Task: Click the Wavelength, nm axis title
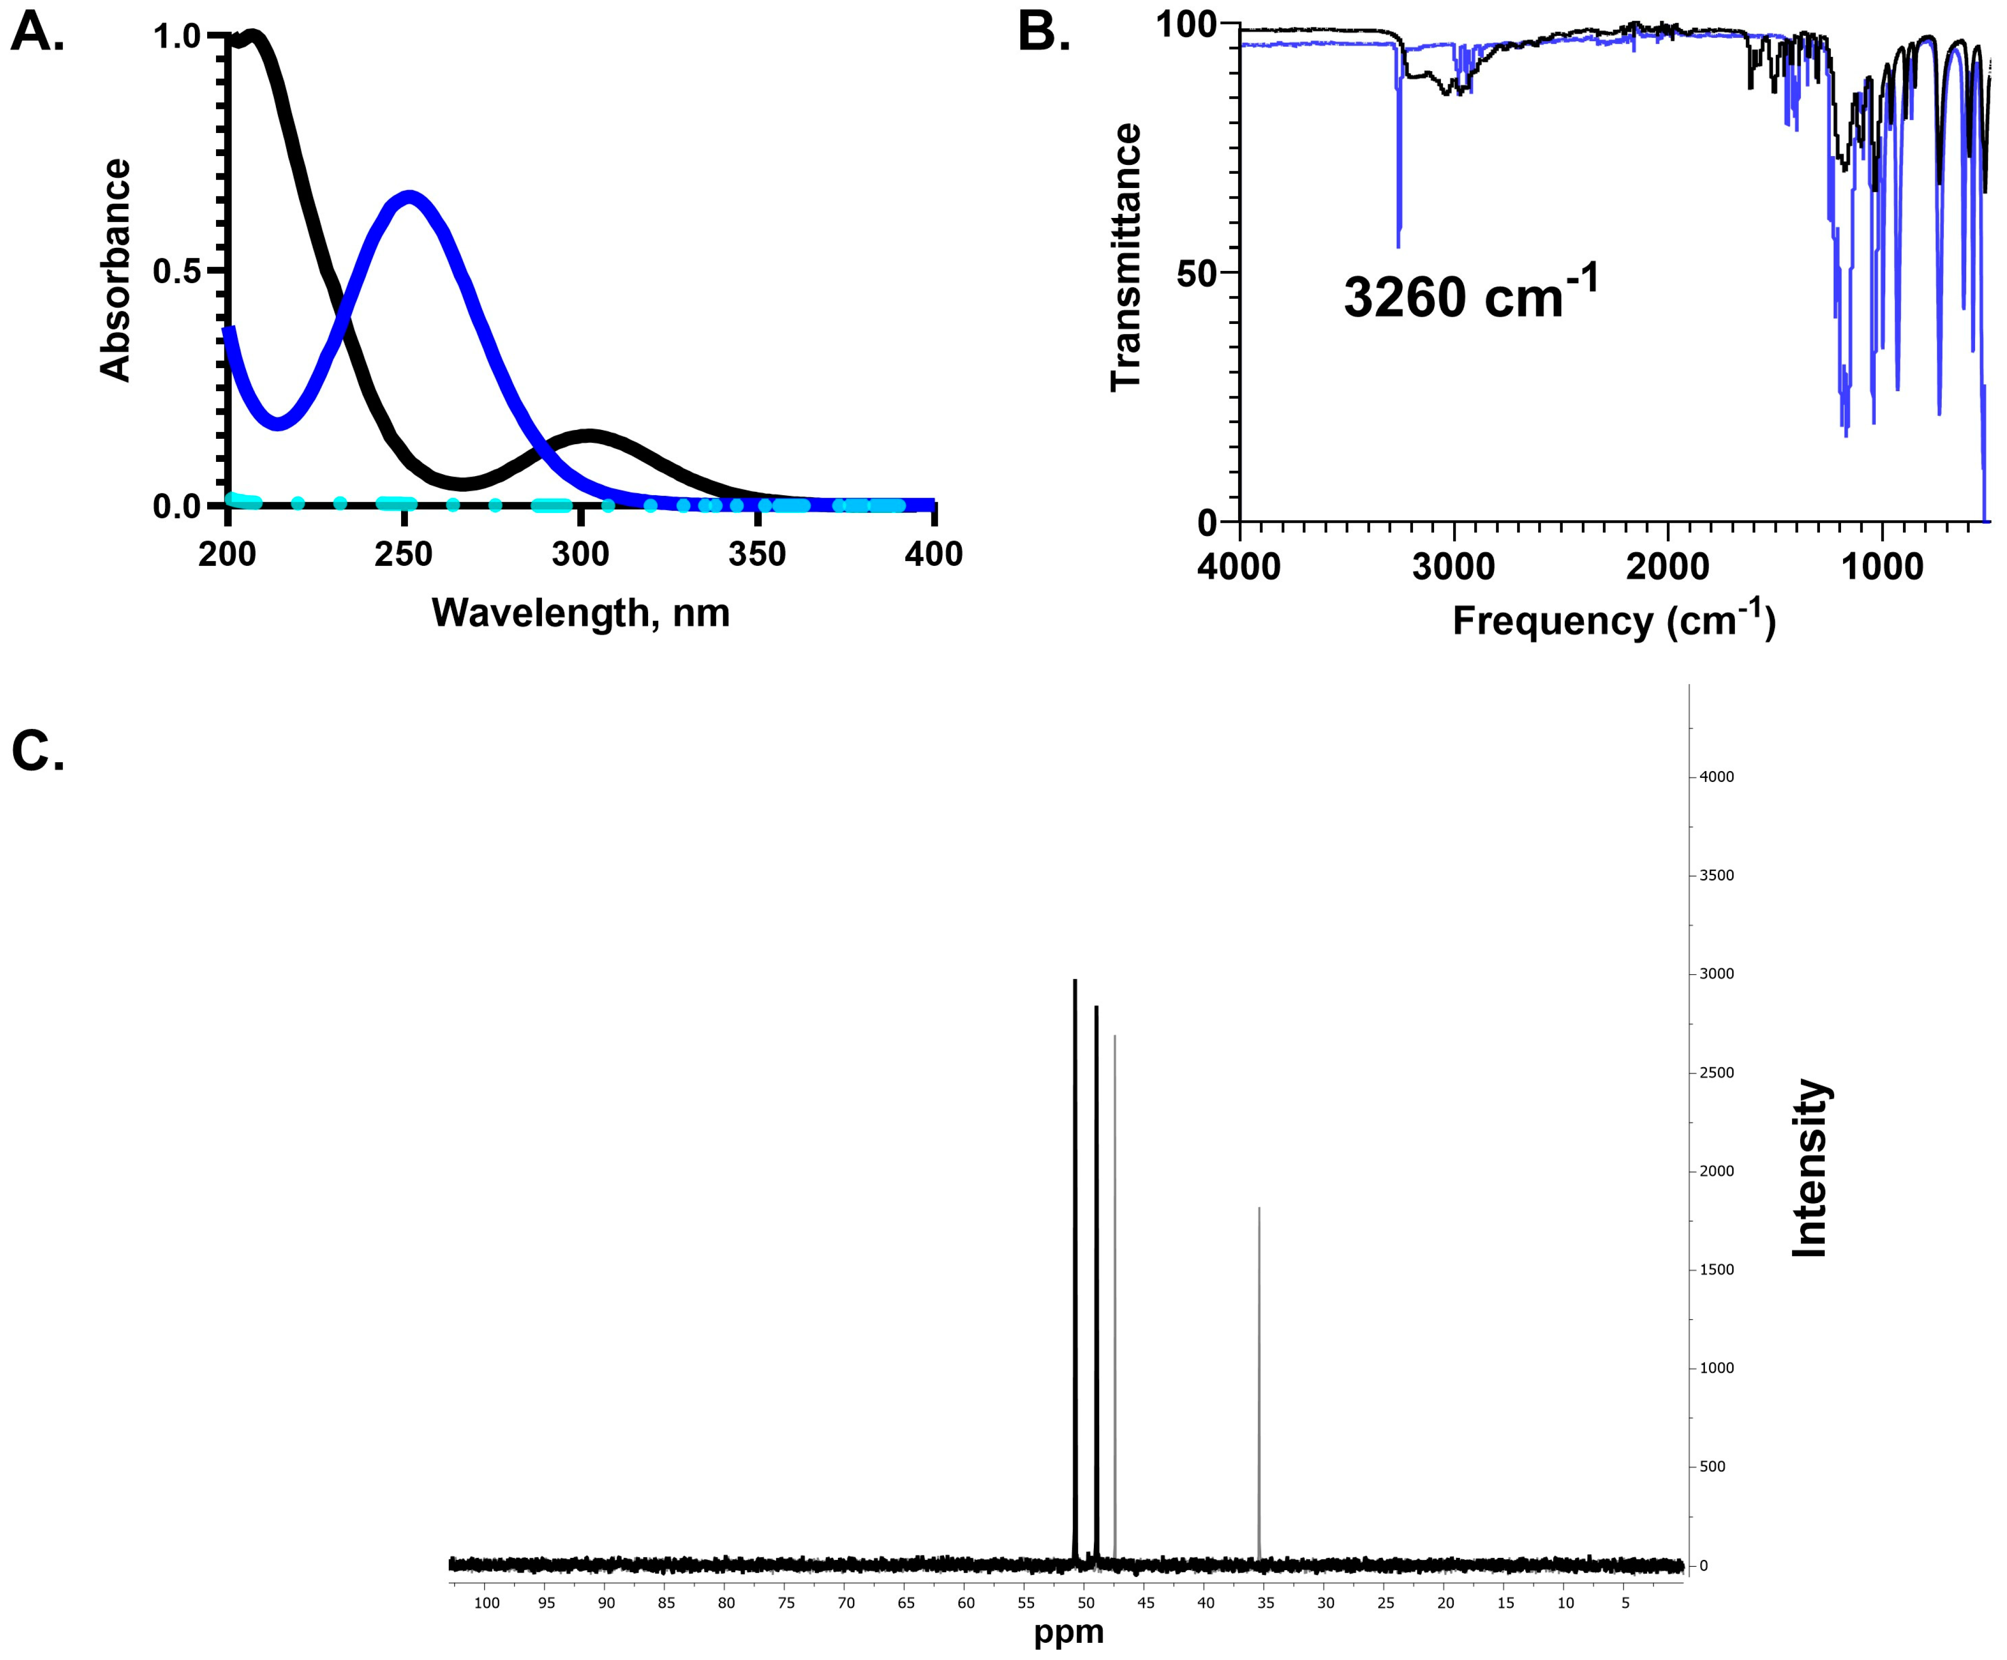580,612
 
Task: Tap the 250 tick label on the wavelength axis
403,554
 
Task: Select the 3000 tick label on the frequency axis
1454,567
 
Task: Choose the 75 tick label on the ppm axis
786,1603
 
